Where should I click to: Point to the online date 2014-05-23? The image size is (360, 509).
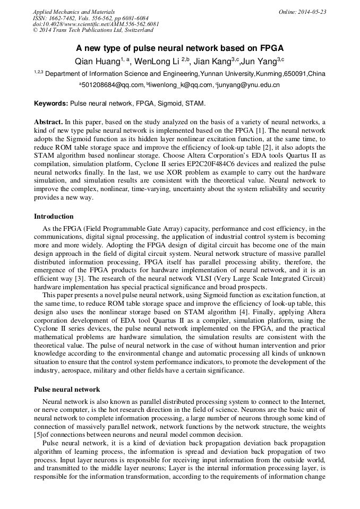pyautogui.click(x=311, y=11)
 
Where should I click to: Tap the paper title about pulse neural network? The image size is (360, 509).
pyautogui.click(x=180, y=47)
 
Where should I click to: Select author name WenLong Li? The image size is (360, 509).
pyautogui.click(x=156, y=61)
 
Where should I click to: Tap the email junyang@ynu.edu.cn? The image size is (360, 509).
pyautogui.click(x=249, y=85)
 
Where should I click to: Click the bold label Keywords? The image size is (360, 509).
pyautogui.click(x=51, y=103)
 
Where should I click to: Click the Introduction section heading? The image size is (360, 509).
pyautogui.click(x=54, y=217)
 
